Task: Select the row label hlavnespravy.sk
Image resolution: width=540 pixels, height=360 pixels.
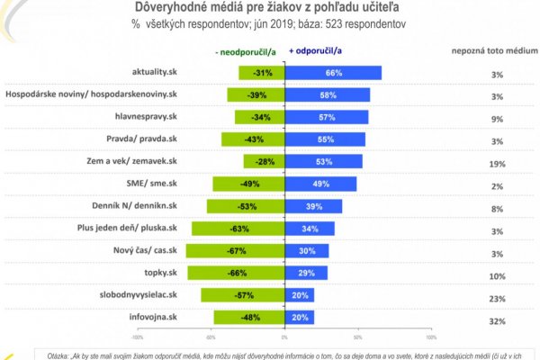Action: [x=148, y=117]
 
